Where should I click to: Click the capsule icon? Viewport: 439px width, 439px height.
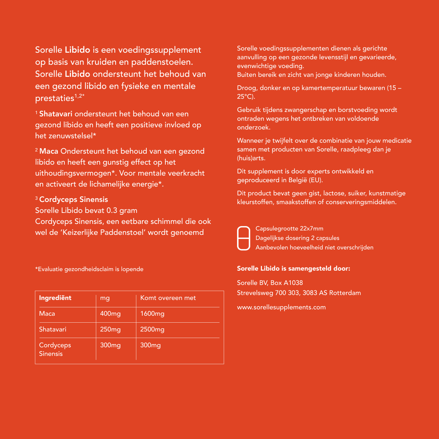coord(244,238)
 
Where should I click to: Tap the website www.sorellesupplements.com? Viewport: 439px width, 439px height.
coord(281,307)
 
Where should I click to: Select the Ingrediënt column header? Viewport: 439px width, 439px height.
coord(55,298)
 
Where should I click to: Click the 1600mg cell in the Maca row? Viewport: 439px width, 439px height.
coord(152,314)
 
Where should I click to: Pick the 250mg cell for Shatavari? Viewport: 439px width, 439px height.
coord(110,329)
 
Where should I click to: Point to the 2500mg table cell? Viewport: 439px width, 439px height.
coord(152,329)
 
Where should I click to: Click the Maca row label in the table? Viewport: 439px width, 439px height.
coord(47,314)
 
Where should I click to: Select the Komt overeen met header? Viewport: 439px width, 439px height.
coord(168,298)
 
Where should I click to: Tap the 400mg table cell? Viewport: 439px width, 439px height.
coord(110,314)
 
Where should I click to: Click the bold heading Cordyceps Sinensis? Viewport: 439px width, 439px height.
coord(74,199)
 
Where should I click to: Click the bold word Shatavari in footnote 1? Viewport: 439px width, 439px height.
coord(56,114)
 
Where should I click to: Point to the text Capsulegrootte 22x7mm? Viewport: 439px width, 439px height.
coord(289,229)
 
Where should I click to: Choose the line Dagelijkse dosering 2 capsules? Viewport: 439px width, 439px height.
coord(297,238)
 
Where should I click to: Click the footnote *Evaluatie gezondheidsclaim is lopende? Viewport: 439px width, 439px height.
coord(89,269)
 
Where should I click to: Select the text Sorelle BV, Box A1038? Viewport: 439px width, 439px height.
coord(270,282)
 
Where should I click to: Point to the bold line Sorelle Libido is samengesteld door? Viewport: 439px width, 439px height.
coord(293,269)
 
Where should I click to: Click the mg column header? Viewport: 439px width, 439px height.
coord(105,298)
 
